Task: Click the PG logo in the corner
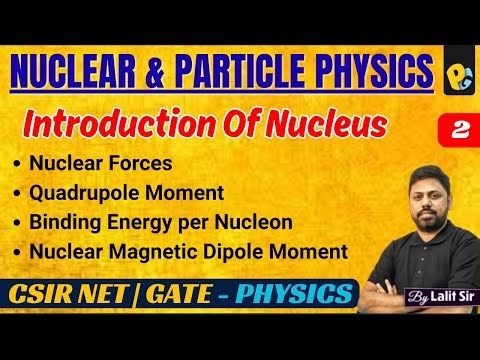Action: [456, 72]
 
